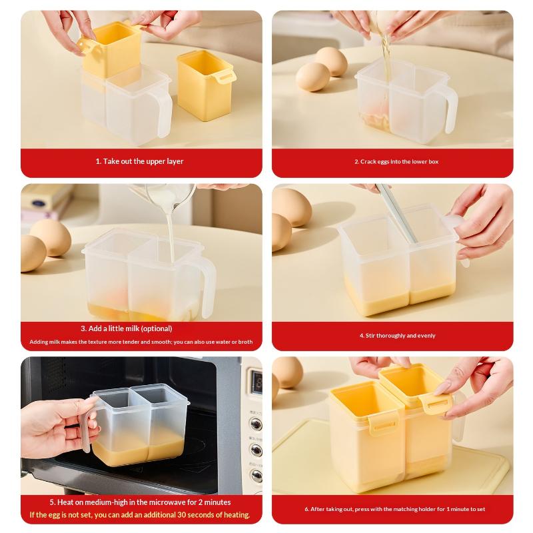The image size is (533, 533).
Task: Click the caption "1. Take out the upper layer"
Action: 139,161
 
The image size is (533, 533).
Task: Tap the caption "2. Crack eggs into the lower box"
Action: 396,161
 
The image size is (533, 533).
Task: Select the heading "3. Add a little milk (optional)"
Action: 127,328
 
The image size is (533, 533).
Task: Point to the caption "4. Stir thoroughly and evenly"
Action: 397,336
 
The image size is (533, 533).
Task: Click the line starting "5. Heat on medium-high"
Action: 140,502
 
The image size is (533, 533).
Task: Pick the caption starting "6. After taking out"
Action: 394,509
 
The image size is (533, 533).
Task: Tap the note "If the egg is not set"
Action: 140,514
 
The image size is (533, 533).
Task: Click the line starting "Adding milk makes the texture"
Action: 141,342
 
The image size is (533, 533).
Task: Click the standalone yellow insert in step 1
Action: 206,85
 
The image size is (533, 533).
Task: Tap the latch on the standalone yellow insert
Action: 227,78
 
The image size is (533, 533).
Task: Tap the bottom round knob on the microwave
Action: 256,476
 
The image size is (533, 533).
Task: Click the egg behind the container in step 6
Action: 287,372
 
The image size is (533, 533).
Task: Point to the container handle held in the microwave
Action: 87,426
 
